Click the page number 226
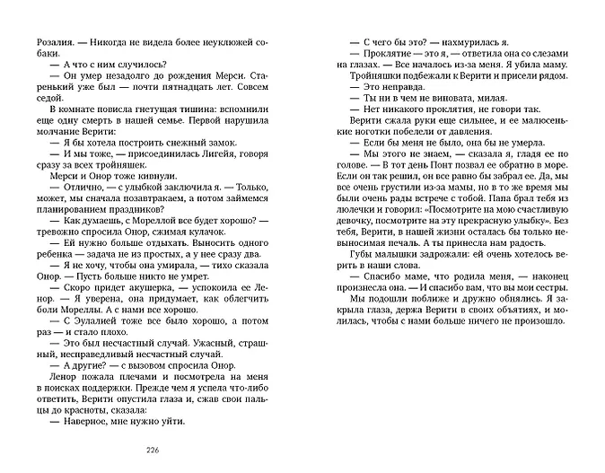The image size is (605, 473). click(148, 451)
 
